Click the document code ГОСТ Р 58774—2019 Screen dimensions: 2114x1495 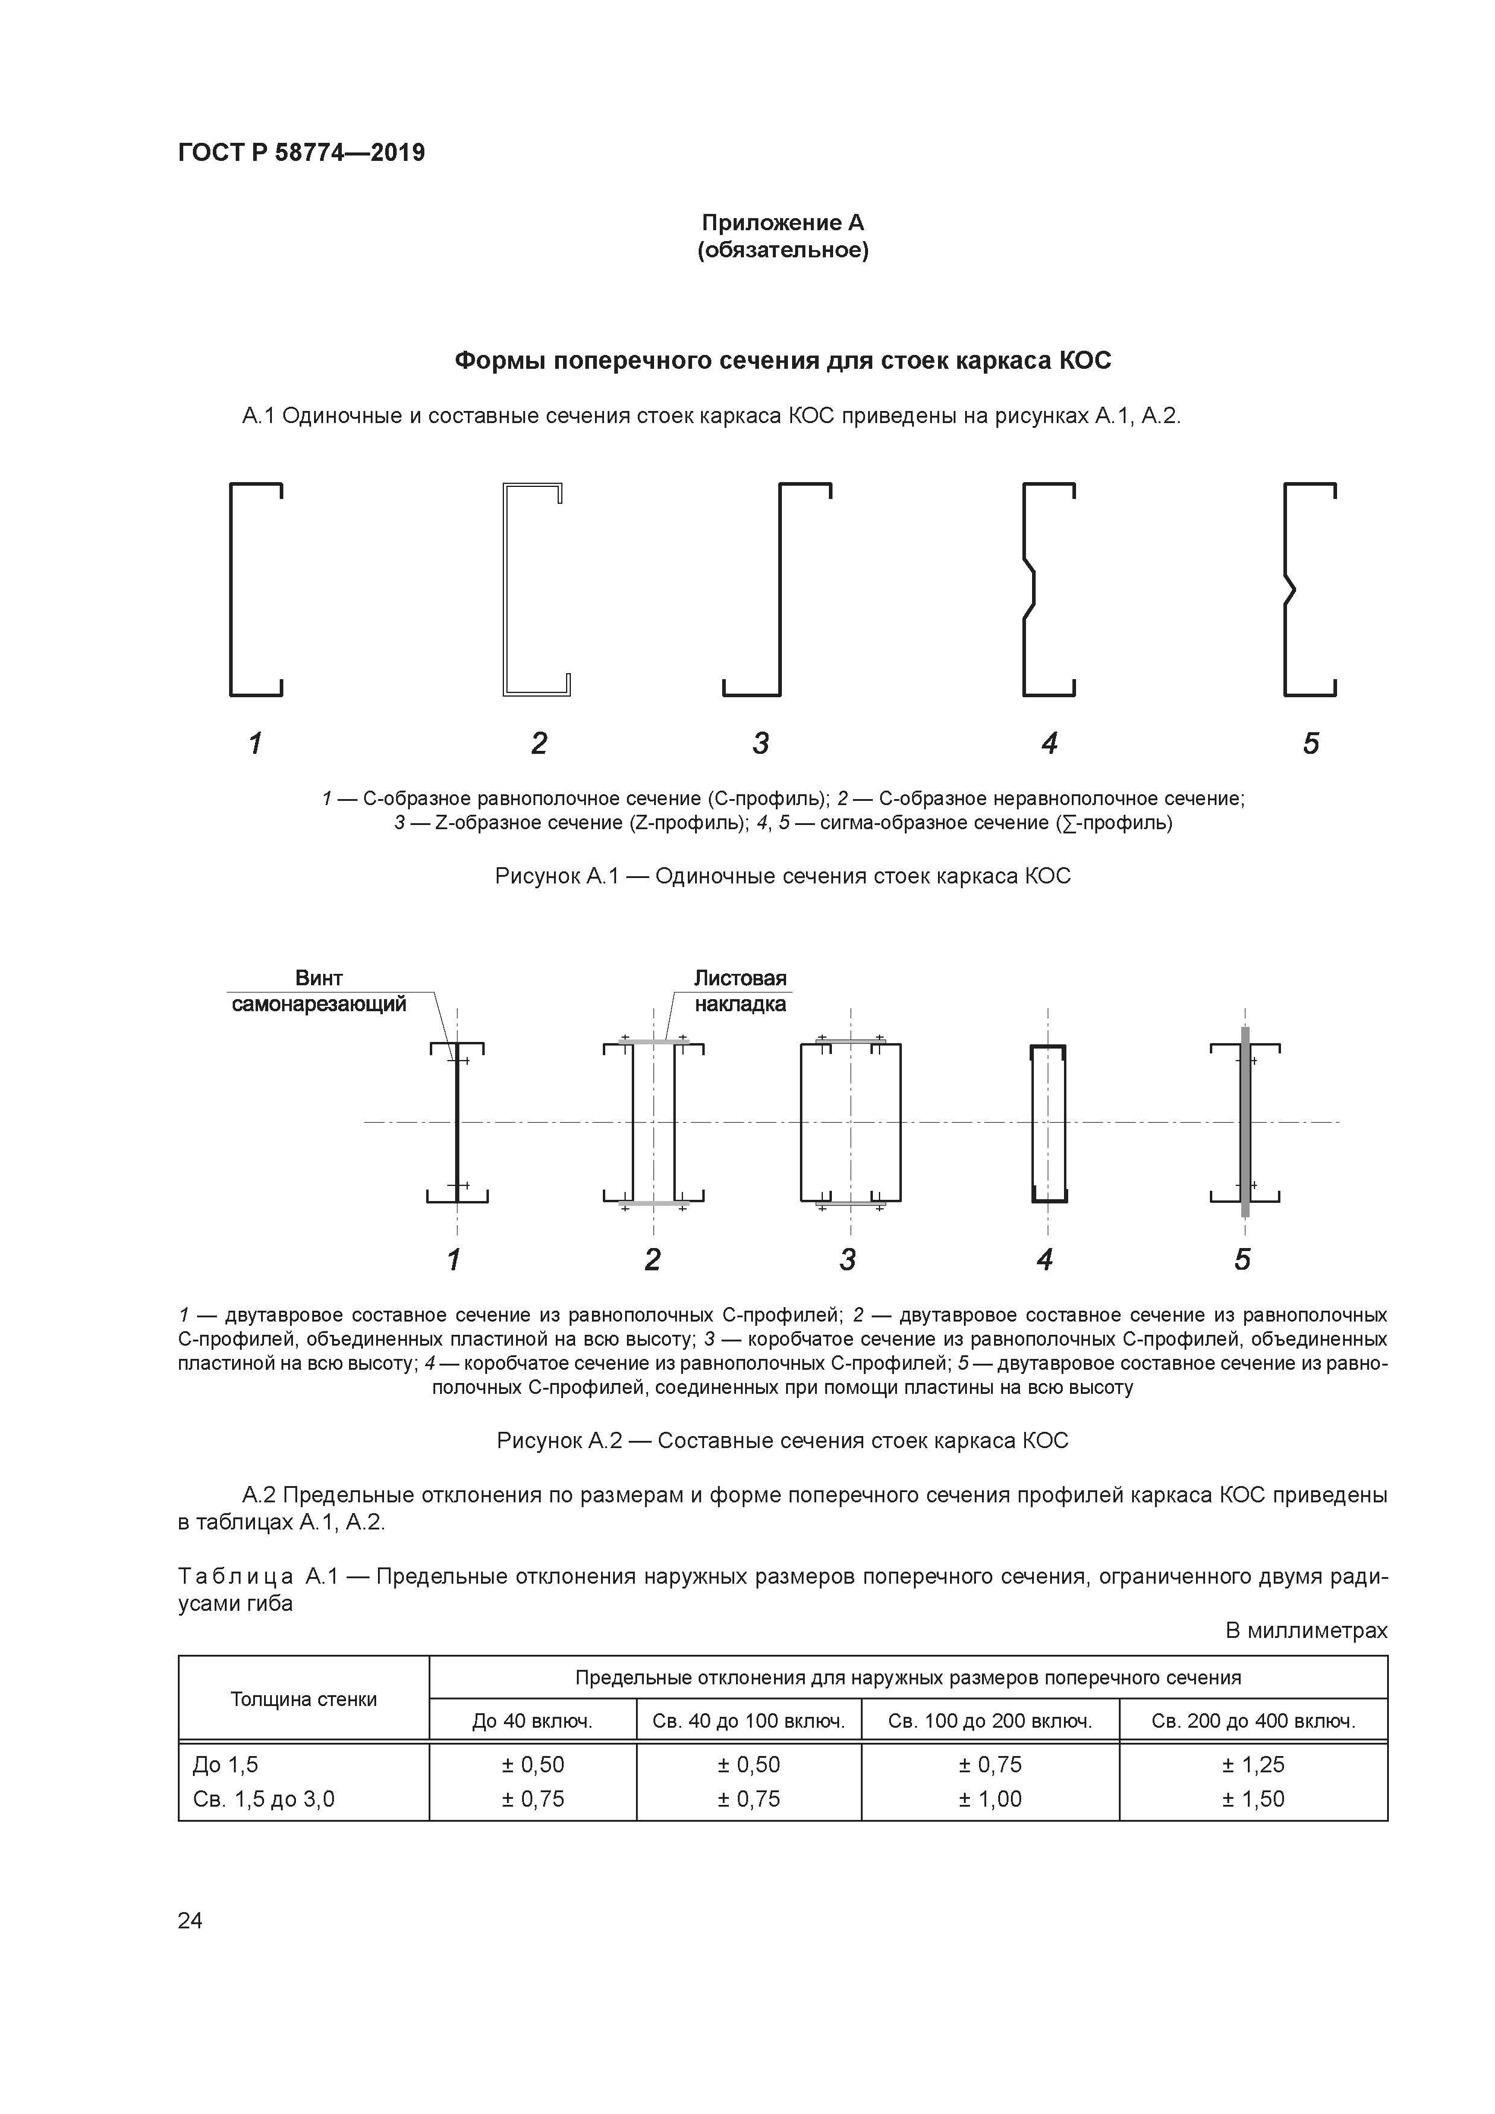(301, 153)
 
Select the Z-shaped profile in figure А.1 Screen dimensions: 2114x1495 (780, 589)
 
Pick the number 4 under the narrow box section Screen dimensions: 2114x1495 (1045, 1259)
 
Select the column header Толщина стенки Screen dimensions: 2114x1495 (303, 1699)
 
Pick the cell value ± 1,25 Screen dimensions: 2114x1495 (1253, 1764)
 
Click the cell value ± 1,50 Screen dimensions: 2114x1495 (1253, 1798)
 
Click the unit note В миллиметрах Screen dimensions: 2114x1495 (1305, 1631)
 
